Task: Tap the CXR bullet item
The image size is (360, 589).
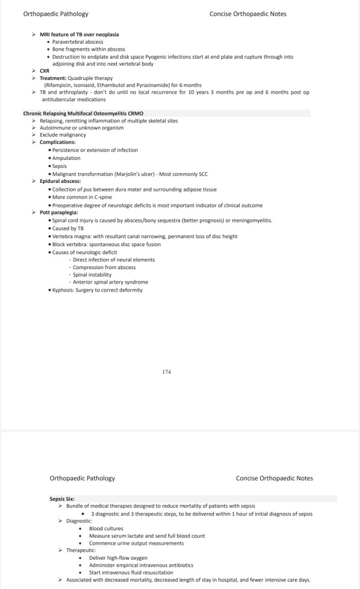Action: pos(44,71)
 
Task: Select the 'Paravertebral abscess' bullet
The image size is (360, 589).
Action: pos(78,42)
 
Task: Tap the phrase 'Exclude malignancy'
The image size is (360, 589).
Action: pos(63,135)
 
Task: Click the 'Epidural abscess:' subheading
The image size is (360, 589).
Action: pos(60,181)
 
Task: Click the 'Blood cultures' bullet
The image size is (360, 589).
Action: pos(106,528)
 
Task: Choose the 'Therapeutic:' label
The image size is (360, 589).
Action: pos(81,550)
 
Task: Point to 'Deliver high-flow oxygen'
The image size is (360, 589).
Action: pos(118,558)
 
